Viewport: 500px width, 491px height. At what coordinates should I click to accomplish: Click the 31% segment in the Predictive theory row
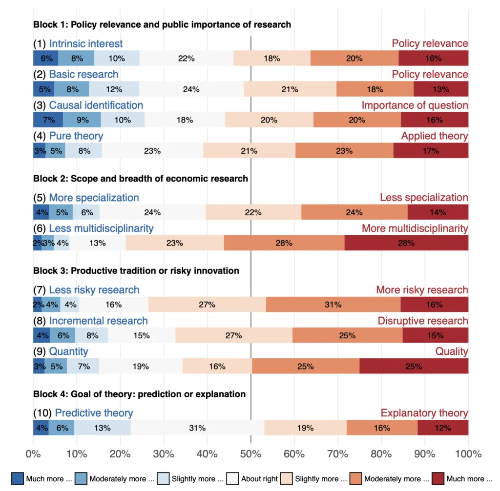tap(198, 428)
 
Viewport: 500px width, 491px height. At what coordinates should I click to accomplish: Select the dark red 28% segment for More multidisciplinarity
tap(406, 243)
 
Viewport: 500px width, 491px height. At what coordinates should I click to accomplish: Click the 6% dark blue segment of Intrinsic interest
tap(46, 59)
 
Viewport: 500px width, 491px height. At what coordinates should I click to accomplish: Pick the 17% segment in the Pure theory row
tap(431, 151)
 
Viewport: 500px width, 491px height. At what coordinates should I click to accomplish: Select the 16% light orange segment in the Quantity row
tap(217, 366)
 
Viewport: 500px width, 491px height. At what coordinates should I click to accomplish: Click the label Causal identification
tap(96, 105)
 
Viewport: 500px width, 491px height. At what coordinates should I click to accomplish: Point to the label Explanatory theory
tap(424, 413)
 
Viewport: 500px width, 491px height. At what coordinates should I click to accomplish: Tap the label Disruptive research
tap(423, 321)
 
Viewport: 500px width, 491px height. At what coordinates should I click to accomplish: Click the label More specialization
tap(94, 198)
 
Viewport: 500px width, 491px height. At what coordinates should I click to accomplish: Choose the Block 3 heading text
tap(136, 271)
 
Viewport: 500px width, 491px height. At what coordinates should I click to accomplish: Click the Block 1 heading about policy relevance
tap(162, 24)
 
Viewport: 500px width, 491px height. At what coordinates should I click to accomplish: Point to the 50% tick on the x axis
tap(250, 454)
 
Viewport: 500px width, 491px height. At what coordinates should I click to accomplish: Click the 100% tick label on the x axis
tap(468, 454)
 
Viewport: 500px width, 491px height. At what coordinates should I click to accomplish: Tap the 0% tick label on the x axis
tap(33, 454)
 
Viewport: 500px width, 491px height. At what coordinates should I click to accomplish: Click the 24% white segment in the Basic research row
tap(191, 89)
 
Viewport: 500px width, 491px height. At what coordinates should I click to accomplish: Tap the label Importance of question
tap(415, 105)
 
